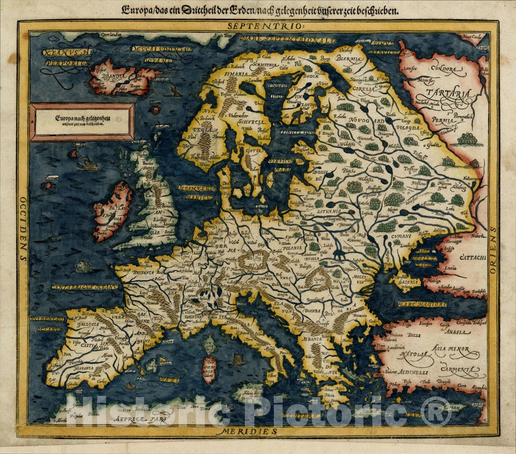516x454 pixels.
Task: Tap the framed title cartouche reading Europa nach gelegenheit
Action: [82, 121]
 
